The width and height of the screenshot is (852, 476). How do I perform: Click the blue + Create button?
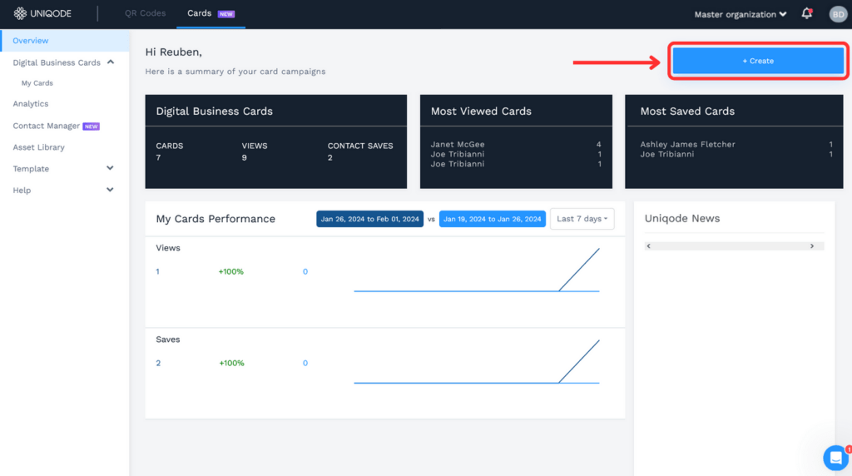[x=758, y=61]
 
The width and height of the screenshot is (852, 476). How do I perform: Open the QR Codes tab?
[x=145, y=13]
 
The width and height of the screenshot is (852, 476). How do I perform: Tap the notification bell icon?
[x=806, y=13]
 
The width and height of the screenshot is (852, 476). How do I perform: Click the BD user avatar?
[x=837, y=14]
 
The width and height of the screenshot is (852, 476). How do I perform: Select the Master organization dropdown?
[x=741, y=14]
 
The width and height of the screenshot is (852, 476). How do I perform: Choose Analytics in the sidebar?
[x=31, y=104]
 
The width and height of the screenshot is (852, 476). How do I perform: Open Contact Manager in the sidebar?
[x=47, y=126]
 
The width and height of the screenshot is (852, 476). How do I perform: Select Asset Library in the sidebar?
[x=38, y=147]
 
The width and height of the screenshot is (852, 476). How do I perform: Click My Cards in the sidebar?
[x=37, y=83]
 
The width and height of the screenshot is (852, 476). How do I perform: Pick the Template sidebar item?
[x=31, y=169]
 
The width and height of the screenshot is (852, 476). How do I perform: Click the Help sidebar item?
[x=22, y=191]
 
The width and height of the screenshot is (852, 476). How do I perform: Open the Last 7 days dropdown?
[x=582, y=219]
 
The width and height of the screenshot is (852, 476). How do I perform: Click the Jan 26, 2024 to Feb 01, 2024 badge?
[x=369, y=219]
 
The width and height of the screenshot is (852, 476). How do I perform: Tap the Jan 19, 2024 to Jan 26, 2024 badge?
[x=493, y=219]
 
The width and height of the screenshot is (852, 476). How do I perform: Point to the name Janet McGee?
[x=458, y=145]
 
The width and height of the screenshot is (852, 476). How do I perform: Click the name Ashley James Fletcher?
[x=687, y=145]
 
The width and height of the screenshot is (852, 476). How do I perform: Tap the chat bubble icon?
[x=835, y=457]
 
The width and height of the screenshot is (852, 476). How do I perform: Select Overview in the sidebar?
[x=31, y=41]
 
